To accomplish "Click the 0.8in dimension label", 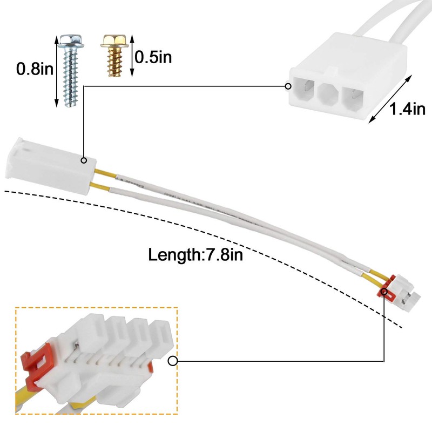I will click(x=33, y=69).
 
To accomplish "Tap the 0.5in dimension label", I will click(x=153, y=57).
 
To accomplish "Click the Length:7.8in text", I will click(x=195, y=253).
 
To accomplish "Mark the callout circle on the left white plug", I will click(x=84, y=160).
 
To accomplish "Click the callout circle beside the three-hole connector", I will click(x=287, y=85).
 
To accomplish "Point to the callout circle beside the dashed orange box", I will click(x=173, y=361).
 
